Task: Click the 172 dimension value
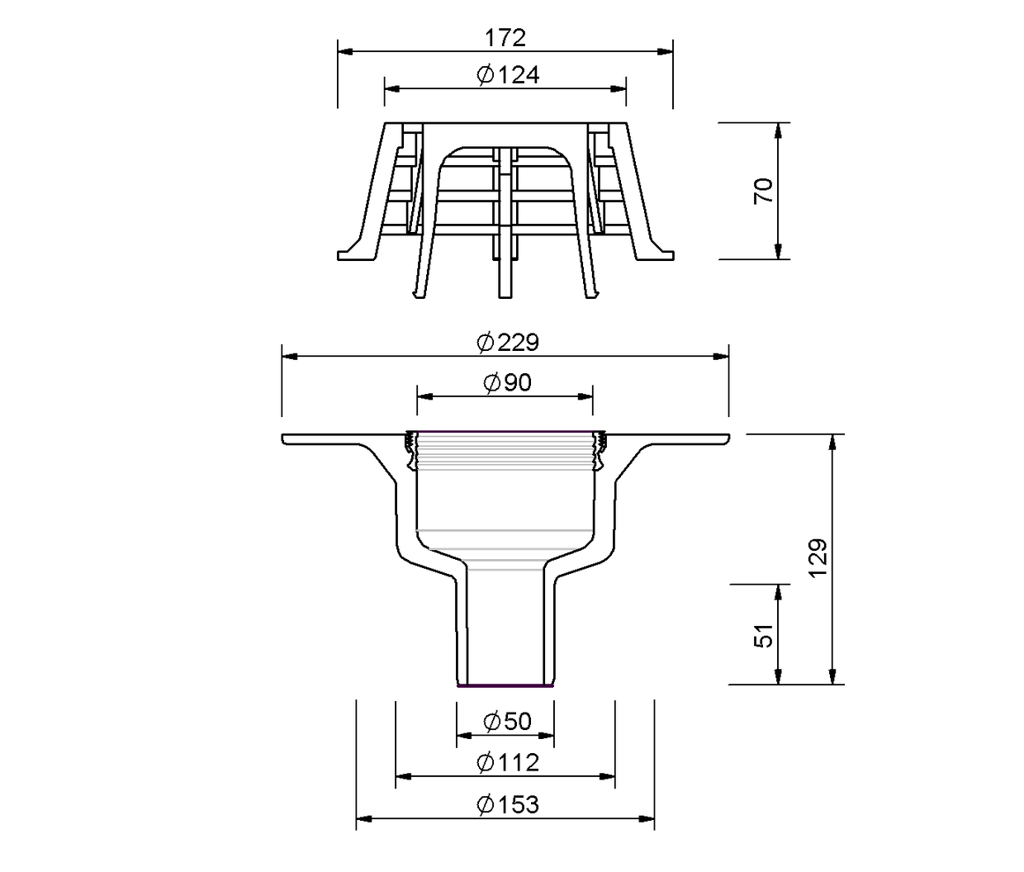coord(505,38)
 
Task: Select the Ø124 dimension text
coord(508,75)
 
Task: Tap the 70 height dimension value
coord(763,191)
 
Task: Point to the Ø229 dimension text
coord(508,343)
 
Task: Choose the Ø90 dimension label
coord(507,382)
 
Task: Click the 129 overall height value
coord(818,557)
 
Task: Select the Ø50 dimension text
coord(507,722)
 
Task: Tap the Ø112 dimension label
coord(508,762)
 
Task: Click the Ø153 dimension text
coord(508,804)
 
